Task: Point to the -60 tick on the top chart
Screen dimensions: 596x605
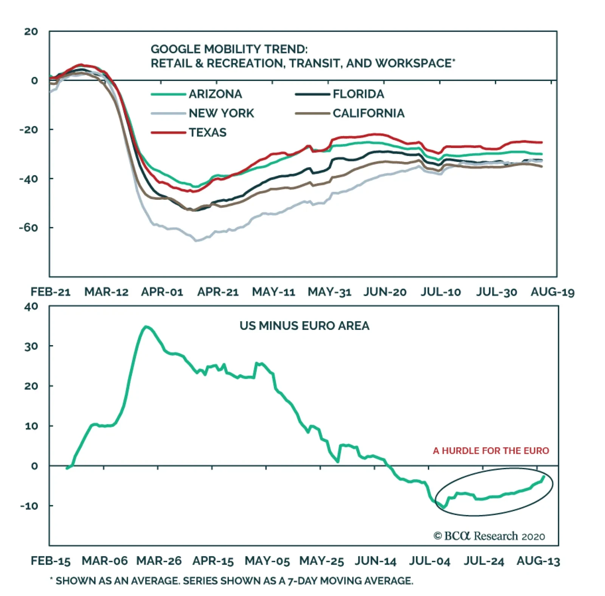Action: [29, 227]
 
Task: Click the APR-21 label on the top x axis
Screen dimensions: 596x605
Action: [218, 292]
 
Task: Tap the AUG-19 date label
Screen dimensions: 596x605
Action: [552, 292]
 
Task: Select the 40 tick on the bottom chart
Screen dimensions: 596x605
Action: [31, 306]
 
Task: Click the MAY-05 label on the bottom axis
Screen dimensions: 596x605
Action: [267, 561]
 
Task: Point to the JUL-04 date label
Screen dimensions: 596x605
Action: [430, 561]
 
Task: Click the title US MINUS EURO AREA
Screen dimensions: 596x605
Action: [304, 326]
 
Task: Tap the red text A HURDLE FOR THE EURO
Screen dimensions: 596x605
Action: [491, 451]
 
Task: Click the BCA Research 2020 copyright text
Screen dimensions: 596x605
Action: [489, 536]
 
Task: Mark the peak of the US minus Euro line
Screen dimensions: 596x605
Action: [146, 327]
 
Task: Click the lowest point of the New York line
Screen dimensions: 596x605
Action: [196, 240]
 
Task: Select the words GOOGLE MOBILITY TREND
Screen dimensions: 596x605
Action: [229, 49]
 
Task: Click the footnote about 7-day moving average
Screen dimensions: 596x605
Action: [231, 581]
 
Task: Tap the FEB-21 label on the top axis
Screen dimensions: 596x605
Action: [51, 292]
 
